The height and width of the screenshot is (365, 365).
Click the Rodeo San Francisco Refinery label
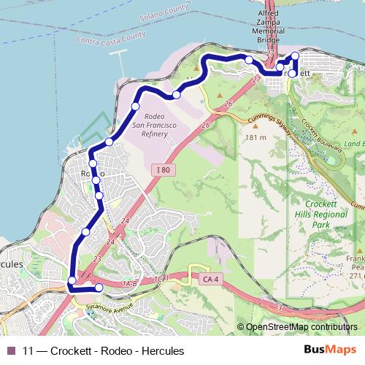(x=160, y=126)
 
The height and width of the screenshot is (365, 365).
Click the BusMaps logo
(x=325, y=350)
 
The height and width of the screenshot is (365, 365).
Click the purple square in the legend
(x=10, y=350)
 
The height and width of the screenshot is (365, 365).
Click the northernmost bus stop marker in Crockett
(x=295, y=56)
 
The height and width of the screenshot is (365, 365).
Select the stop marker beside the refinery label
(x=135, y=107)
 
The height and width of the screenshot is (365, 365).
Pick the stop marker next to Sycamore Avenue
(x=99, y=288)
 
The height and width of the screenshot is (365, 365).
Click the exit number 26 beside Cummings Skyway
(x=228, y=104)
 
